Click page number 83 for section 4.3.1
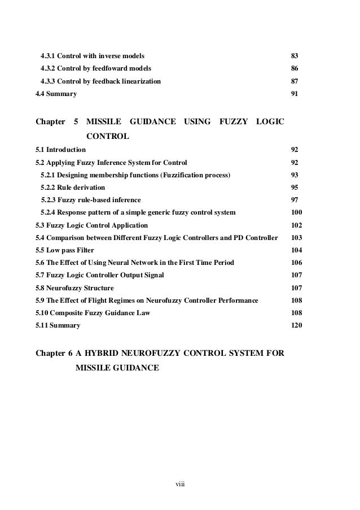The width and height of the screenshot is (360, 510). (294, 56)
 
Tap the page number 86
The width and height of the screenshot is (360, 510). (294, 68)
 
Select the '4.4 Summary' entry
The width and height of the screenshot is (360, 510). (56, 94)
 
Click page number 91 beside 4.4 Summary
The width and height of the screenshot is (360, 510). (294, 94)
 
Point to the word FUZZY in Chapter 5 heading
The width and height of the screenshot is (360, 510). (233, 121)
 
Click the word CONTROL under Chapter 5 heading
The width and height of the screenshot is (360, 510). (108, 136)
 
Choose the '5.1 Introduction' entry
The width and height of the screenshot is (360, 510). (60, 150)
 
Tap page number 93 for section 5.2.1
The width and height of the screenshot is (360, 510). (294, 175)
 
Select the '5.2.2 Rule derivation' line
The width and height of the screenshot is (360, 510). (73, 188)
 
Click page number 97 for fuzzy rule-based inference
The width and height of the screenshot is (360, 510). (294, 200)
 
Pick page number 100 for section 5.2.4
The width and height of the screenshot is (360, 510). (296, 212)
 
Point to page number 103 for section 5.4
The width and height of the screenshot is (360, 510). (296, 237)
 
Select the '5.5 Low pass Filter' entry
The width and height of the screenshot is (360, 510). (64, 250)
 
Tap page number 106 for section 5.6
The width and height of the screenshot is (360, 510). (296, 263)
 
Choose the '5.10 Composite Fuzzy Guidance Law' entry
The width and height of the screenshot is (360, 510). (93, 312)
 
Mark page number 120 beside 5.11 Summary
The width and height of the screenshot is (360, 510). (296, 325)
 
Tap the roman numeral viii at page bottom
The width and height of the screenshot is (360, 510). (180, 484)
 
